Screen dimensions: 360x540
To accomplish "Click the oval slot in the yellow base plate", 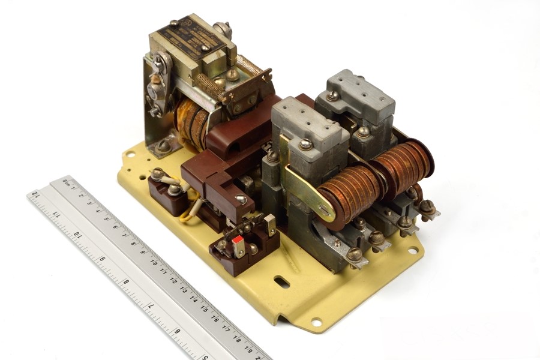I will pos(281,281).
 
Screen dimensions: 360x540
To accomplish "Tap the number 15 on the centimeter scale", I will pos(204,308).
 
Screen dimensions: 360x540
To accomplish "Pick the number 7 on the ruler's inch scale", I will pos(151,306).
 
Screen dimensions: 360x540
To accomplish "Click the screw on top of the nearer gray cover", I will pos(305,145).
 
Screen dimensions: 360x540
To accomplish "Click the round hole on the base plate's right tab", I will pos(413,251).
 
